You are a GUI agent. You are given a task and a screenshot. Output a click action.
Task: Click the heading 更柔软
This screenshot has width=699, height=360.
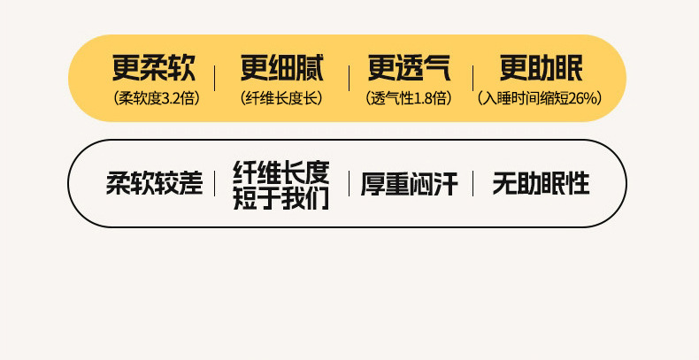click(154, 68)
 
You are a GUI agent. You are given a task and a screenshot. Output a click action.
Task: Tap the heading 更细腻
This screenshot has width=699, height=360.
click(281, 68)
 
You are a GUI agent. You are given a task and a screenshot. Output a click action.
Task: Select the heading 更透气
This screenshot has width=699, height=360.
click(410, 68)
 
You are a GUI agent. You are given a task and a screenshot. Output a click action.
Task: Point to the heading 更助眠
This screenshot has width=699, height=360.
click(541, 68)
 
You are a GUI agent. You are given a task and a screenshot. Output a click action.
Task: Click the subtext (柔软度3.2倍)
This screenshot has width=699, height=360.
click(156, 97)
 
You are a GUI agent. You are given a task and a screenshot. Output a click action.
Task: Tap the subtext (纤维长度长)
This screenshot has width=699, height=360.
click(281, 97)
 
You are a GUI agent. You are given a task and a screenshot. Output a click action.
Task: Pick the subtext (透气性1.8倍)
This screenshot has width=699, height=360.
click(409, 97)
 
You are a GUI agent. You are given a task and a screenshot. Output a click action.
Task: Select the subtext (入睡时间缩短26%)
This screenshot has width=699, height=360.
click(540, 97)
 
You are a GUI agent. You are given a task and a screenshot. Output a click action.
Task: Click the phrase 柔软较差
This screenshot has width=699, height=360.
click(154, 184)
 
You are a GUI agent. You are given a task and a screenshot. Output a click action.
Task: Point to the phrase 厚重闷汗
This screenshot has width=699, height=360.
click(409, 184)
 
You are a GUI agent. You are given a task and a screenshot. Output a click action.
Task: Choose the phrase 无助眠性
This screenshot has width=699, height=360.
click(541, 184)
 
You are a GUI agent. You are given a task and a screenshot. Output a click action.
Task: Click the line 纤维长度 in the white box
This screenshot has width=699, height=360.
click(281, 172)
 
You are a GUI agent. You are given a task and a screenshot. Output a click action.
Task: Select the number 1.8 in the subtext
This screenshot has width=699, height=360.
click(425, 97)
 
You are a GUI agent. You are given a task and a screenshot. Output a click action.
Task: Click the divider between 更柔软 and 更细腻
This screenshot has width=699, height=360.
click(215, 78)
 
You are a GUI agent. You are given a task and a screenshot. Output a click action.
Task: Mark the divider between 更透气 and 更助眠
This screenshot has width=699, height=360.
click(472, 78)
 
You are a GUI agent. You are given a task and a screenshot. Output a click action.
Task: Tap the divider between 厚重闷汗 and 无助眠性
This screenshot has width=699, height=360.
click(472, 184)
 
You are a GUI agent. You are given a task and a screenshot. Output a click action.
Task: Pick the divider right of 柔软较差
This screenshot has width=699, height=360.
click(215, 184)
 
